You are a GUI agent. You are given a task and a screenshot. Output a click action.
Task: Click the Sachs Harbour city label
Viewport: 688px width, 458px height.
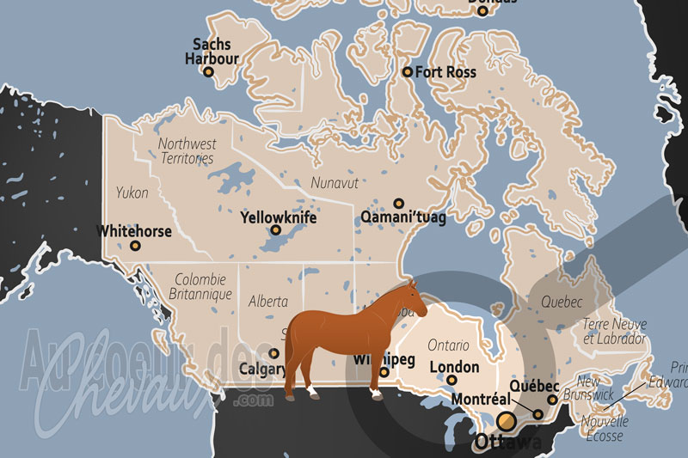pyautogui.click(x=212, y=51)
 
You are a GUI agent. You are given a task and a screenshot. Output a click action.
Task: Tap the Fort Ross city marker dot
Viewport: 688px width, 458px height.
pyautogui.click(x=408, y=72)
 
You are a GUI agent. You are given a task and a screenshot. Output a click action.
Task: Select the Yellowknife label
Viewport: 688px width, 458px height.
pyautogui.click(x=279, y=217)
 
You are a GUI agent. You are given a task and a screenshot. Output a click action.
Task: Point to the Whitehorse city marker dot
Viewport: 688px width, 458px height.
pyautogui.click(x=135, y=246)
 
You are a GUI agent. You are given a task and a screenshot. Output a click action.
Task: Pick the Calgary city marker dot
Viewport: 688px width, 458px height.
pyautogui.click(x=274, y=353)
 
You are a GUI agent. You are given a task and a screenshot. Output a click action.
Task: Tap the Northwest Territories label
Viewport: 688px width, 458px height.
pyautogui.click(x=187, y=151)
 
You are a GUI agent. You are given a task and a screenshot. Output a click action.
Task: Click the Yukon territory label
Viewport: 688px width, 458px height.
pyautogui.click(x=132, y=193)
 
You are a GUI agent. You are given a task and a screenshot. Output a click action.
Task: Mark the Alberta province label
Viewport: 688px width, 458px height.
pyautogui.click(x=267, y=302)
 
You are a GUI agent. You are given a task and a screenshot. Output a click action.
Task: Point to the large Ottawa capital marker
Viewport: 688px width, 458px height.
pyautogui.click(x=507, y=420)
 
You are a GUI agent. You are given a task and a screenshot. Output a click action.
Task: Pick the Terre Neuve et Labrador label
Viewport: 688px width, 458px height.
pyautogui.click(x=613, y=331)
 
